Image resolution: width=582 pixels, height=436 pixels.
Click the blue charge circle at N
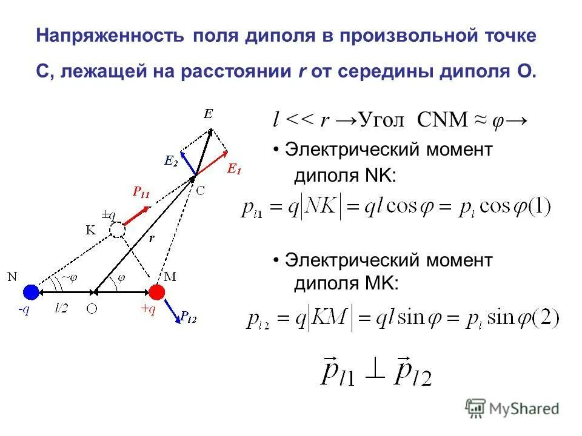pos(31,292)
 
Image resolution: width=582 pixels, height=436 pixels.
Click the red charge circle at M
pos(157,292)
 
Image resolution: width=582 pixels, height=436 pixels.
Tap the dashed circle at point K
pos(117,230)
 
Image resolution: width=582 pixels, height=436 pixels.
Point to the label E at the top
pos(208,114)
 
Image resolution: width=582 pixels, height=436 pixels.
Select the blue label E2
pos(171,160)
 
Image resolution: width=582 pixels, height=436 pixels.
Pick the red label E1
pos(233,170)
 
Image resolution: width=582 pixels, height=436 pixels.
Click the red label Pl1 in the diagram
pos(141,193)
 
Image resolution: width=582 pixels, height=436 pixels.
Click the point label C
pos(201,190)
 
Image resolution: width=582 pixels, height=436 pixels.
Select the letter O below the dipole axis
pos(92,308)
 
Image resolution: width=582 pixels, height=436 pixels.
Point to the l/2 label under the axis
pos(61,308)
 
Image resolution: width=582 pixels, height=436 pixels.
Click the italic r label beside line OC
pos(152,239)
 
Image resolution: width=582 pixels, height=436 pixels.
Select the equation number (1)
pos(537,208)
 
